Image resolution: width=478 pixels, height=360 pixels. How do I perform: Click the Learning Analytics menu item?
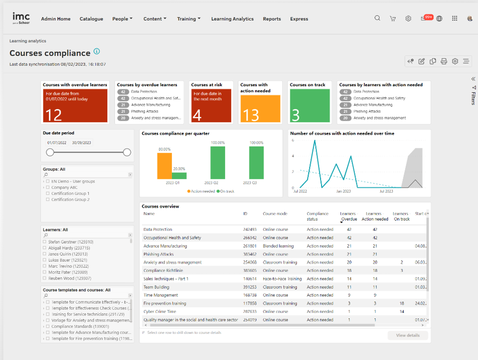point(232,19)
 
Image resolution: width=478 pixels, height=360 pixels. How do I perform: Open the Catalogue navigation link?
point(91,19)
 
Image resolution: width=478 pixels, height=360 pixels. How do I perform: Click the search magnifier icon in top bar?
point(377,18)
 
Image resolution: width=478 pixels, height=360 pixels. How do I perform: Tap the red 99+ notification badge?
point(428,17)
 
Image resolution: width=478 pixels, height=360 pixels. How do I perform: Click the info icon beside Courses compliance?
point(97,52)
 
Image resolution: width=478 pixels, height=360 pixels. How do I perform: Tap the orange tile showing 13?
point(260,109)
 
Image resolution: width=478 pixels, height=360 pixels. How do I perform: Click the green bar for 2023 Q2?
point(217,163)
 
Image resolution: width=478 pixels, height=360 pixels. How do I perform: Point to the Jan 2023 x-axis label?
point(343,191)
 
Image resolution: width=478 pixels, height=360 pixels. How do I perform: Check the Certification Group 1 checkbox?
point(48,194)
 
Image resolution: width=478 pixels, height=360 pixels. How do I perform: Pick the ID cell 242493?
point(250,230)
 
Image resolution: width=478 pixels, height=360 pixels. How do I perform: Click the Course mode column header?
point(275,214)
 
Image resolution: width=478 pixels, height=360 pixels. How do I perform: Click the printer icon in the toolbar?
point(444,62)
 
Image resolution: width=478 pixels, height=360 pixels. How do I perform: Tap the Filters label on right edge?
point(473,95)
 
